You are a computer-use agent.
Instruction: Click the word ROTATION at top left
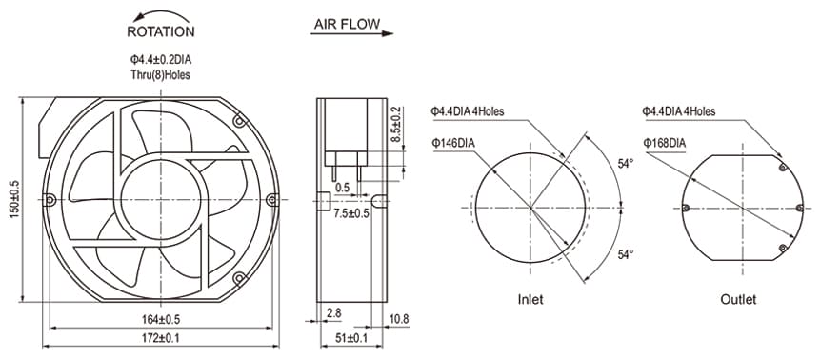(160, 30)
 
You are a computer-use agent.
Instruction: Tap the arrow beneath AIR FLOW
(352, 34)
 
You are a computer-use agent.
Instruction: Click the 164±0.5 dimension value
(160, 318)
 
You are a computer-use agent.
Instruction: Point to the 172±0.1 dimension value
(160, 339)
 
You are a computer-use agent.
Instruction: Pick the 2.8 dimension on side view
(333, 312)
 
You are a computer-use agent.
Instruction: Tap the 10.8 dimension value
(399, 318)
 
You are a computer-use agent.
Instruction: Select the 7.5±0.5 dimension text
(351, 213)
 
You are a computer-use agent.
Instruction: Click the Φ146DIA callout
(453, 143)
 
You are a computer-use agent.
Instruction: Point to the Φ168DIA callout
(664, 143)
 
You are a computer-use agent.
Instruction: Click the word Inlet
(530, 299)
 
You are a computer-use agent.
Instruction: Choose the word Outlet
(739, 299)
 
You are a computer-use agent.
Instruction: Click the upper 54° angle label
(626, 165)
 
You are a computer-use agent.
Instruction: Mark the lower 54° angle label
(626, 254)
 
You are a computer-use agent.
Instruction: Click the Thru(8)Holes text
(160, 73)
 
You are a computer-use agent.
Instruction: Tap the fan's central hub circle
(160, 199)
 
